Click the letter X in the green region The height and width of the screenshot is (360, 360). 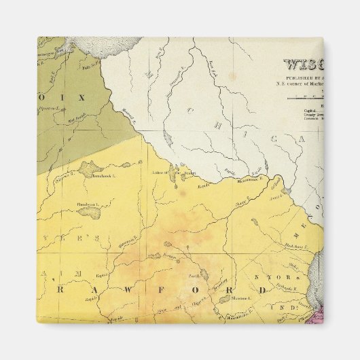82,98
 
